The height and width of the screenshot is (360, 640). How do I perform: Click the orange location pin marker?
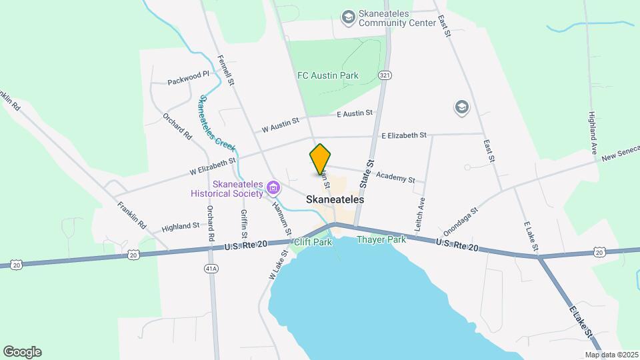[321, 159]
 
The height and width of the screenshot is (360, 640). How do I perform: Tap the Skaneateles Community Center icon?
[347, 17]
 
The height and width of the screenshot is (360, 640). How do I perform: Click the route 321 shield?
[385, 76]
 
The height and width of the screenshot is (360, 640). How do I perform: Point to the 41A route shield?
[211, 267]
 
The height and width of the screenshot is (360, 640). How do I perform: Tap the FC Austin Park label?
[327, 75]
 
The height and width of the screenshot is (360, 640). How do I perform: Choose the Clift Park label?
[313, 242]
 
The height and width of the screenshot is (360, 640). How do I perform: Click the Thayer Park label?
[381, 239]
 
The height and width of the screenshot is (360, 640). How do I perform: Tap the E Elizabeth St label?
[404, 135]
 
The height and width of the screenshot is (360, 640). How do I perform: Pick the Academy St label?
[395, 177]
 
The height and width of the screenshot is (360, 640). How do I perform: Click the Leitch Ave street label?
[421, 213]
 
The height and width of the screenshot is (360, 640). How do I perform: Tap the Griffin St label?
[244, 225]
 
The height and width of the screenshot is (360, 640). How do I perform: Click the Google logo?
[22, 352]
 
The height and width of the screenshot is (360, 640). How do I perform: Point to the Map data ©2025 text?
[611, 355]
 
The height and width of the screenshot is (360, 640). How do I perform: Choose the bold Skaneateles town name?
[335, 199]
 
